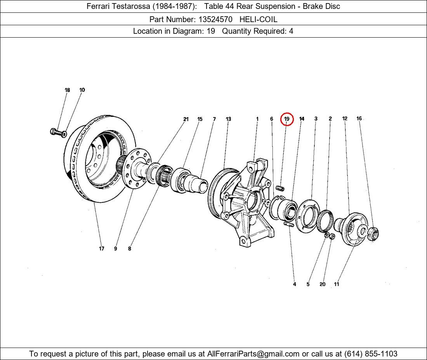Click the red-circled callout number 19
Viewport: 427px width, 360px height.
[x=287, y=119]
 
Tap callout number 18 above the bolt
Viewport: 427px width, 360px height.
[x=67, y=90]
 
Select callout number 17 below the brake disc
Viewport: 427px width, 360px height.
[x=101, y=249]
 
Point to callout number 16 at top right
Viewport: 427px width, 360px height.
[x=359, y=119]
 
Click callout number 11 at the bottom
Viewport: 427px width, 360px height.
[x=336, y=284]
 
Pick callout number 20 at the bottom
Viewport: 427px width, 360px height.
[x=322, y=284]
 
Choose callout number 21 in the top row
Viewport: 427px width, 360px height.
[x=186, y=119]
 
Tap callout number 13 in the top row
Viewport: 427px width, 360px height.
[x=228, y=119]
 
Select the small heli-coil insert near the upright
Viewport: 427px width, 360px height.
[x=280, y=189]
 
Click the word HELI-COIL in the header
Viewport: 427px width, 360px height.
[x=258, y=19]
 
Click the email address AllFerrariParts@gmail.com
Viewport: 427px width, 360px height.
[x=253, y=354]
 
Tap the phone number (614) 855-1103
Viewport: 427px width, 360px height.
[x=370, y=354]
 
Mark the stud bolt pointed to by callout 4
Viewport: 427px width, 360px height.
[x=289, y=224]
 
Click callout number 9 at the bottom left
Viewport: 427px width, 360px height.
[x=115, y=249]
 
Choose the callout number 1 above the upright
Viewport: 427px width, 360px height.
[x=257, y=119]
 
